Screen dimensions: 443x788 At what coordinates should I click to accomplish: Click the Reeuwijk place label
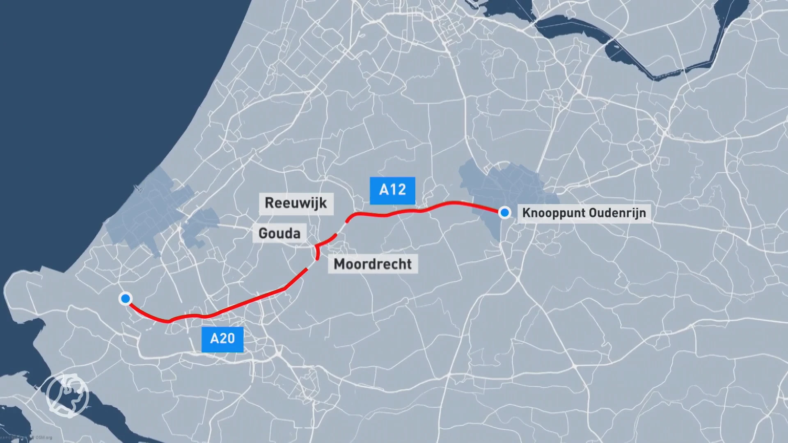point(295,203)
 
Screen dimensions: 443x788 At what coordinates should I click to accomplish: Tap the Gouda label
point(279,233)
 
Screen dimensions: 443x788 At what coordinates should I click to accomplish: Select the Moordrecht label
point(373,264)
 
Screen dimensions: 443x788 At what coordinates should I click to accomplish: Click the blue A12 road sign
point(392,190)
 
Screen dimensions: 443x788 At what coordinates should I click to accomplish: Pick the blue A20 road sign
point(222,339)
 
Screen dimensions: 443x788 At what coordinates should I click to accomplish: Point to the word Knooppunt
point(554,213)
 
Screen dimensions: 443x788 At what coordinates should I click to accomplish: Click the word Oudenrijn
point(617,213)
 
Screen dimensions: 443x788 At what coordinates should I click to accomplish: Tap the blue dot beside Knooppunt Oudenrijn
point(504,212)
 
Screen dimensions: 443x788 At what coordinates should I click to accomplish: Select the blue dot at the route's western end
point(125,298)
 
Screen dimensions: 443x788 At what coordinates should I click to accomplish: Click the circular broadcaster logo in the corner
point(67,393)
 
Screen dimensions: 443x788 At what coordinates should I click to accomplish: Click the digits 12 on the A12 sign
point(398,190)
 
